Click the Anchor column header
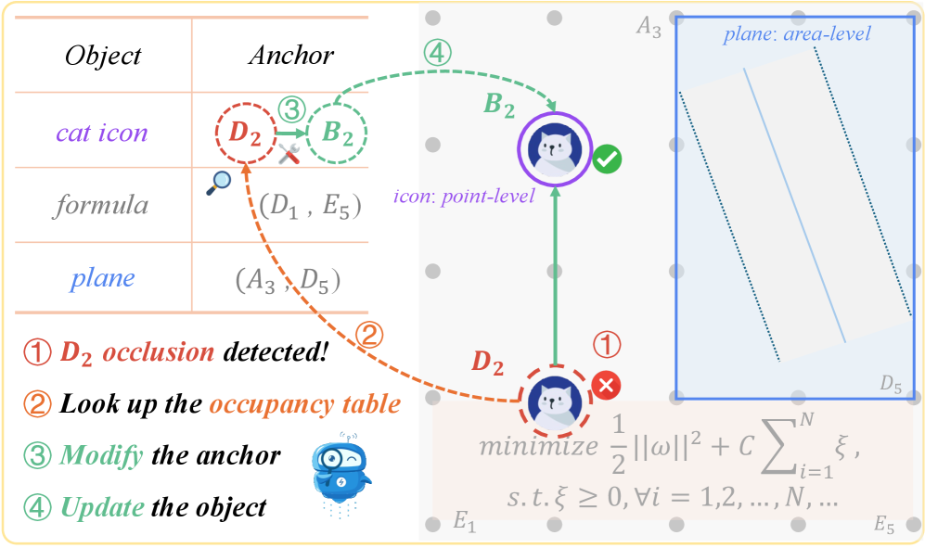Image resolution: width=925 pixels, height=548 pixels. point(290,56)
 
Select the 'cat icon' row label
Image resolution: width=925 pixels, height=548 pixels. point(102,133)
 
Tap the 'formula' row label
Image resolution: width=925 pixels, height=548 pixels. point(102,204)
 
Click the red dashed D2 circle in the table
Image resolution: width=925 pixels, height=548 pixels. point(245,133)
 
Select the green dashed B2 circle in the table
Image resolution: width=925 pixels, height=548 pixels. point(337,133)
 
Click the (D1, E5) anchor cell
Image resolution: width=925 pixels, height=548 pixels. point(310,205)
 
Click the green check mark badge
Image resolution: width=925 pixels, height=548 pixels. point(608,159)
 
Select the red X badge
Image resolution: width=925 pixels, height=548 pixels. point(608,385)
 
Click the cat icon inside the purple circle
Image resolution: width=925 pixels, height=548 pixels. point(555,147)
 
